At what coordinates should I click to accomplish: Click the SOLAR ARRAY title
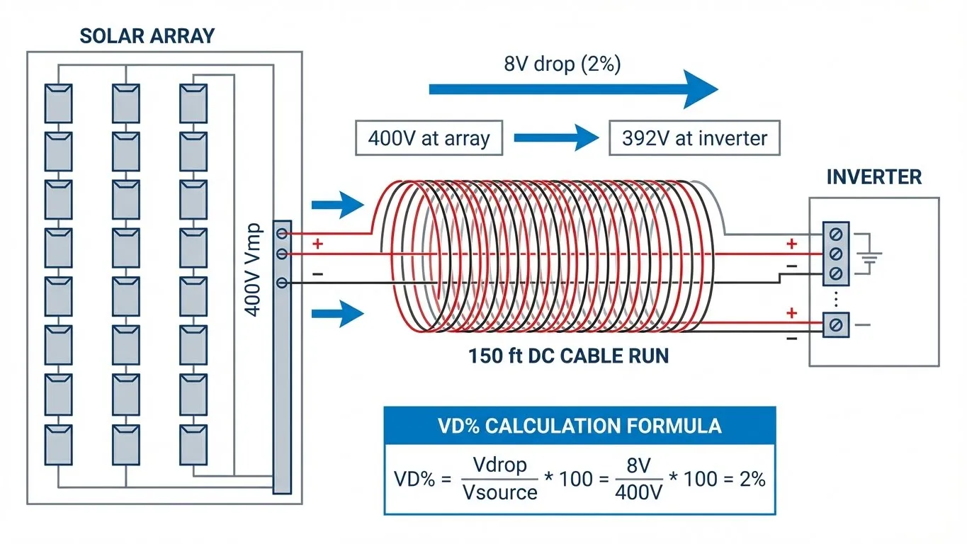(x=147, y=35)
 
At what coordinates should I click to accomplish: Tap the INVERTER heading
(x=874, y=176)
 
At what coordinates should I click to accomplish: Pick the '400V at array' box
(x=429, y=138)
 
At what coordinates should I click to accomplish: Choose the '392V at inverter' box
(x=694, y=138)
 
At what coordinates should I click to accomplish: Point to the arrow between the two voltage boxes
(x=556, y=137)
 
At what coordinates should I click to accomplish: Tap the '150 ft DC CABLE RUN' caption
(x=568, y=356)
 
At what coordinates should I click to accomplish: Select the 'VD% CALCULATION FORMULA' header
(x=579, y=426)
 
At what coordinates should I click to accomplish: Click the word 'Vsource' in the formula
(x=499, y=492)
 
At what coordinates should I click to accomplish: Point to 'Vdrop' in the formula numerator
(x=499, y=465)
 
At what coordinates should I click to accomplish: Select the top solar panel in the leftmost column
(x=58, y=103)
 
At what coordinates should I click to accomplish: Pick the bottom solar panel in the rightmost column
(x=193, y=443)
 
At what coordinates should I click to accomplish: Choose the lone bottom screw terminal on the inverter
(x=835, y=324)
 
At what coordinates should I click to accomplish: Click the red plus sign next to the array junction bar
(x=317, y=244)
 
